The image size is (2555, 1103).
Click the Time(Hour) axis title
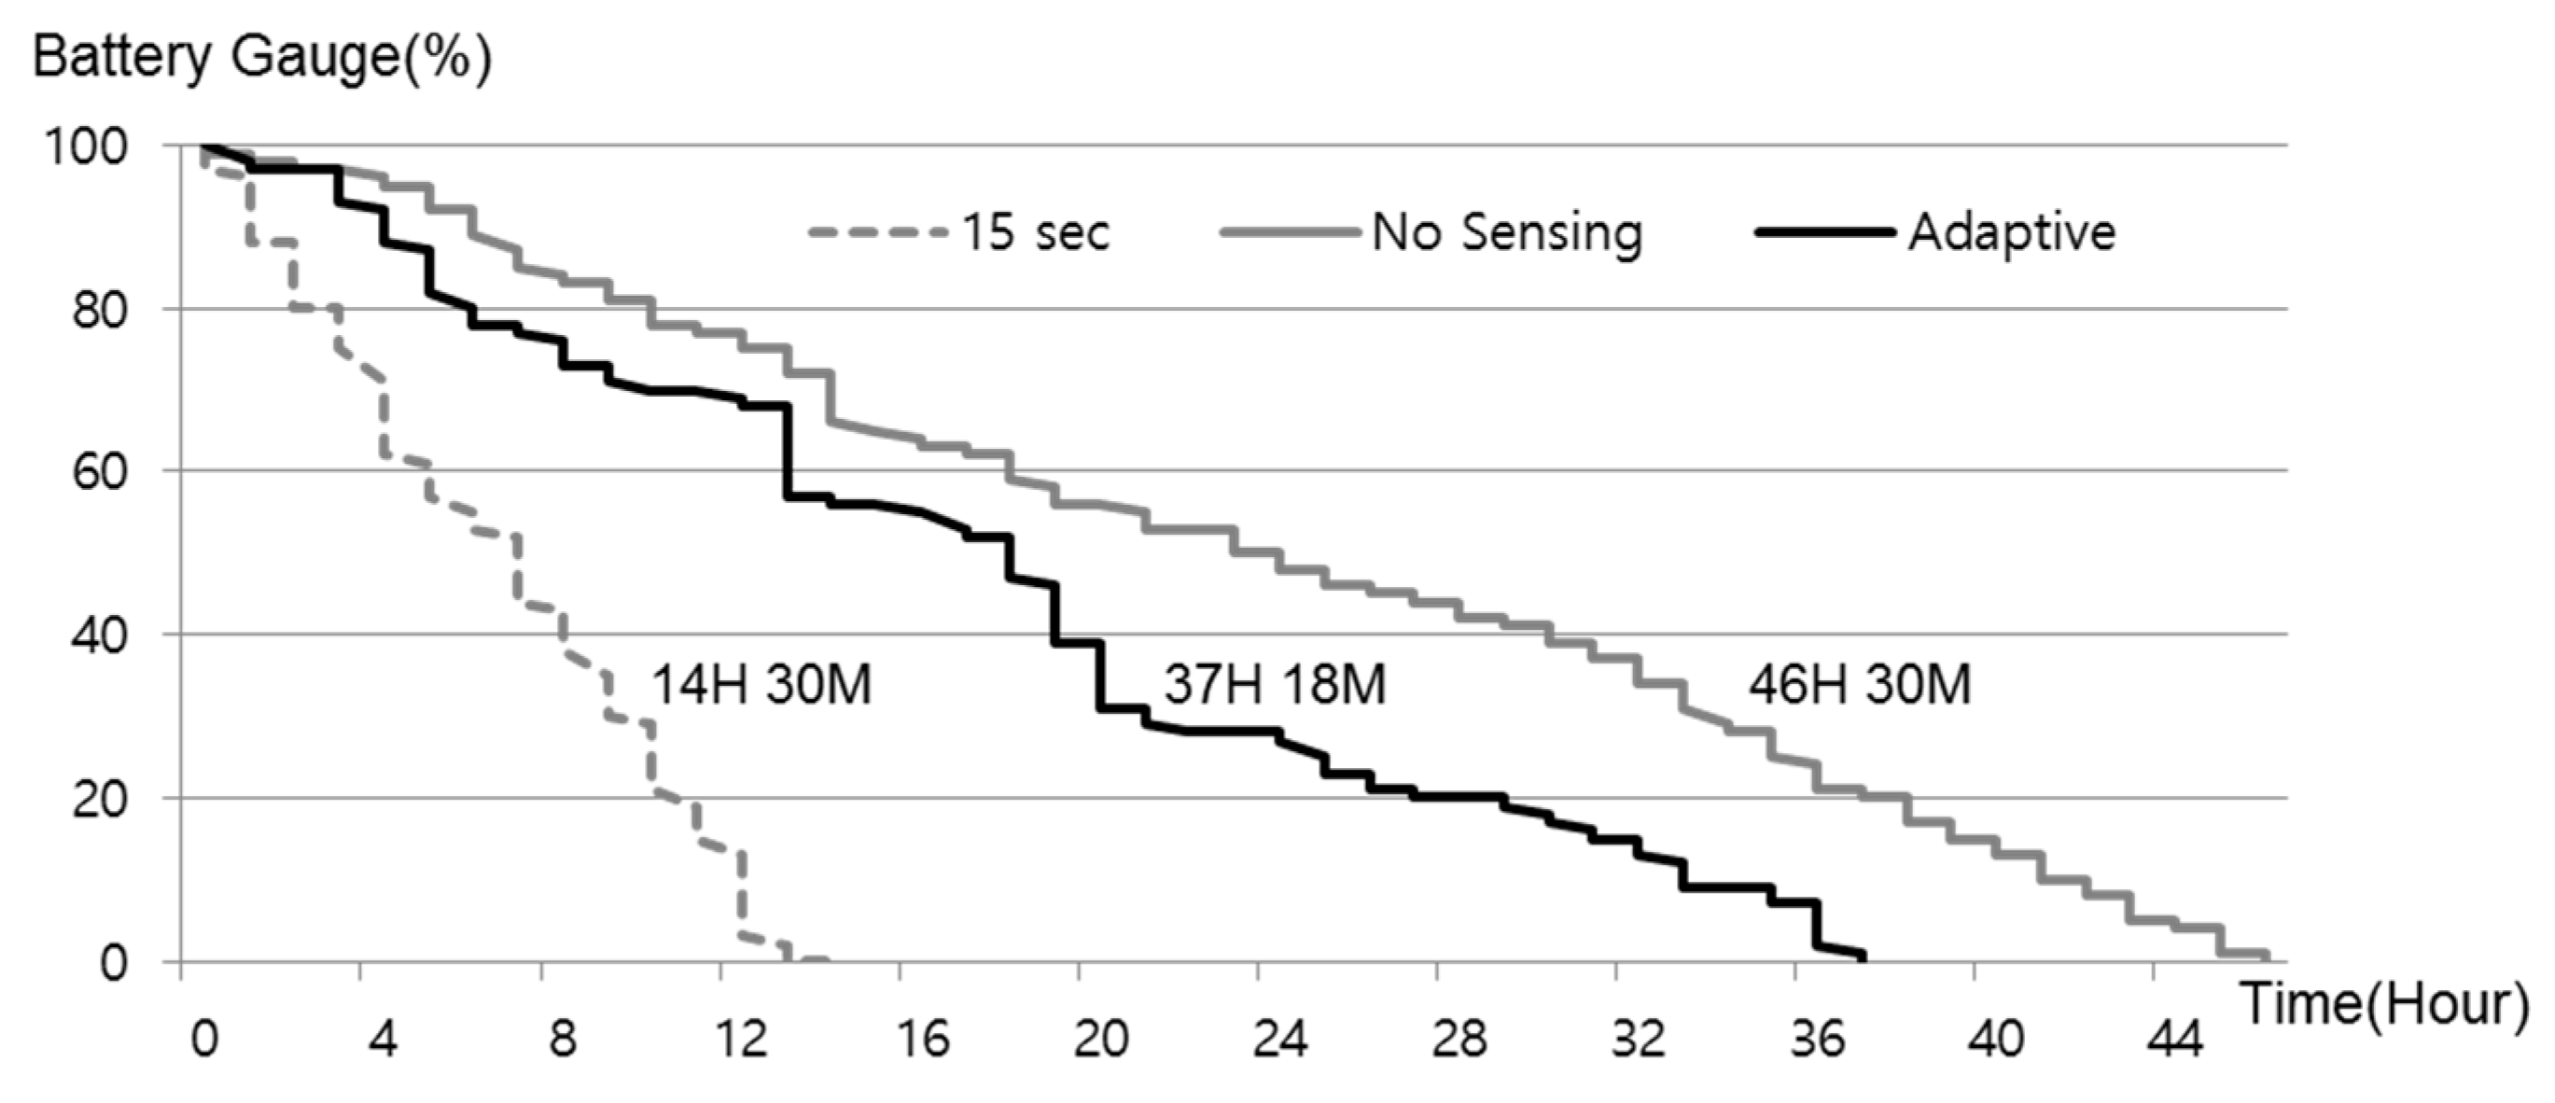2384,1004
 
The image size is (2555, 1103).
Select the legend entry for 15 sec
1036,232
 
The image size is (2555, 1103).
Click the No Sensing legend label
1507,232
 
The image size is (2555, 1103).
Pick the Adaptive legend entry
2012,232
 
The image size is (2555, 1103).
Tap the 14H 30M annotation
761,684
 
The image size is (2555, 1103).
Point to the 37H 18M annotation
1275,684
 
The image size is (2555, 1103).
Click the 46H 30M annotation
1860,684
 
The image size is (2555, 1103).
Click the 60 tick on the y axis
100,471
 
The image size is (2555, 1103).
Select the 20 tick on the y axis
100,799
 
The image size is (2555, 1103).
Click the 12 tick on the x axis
741,1040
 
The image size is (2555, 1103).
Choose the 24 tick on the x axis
1279,1040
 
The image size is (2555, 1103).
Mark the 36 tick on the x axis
1817,1040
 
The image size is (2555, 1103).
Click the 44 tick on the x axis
2175,1040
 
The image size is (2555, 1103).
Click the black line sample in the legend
1823,232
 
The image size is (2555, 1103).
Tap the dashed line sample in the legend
877,233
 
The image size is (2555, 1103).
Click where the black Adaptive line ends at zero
1863,957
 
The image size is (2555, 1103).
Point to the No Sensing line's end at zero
2267,956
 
